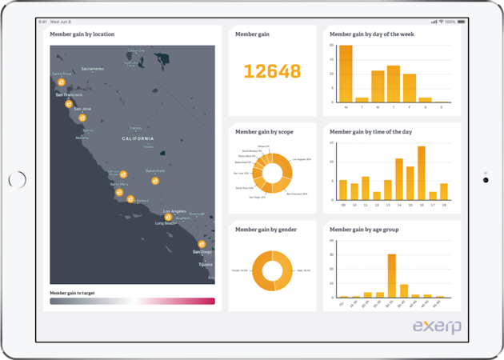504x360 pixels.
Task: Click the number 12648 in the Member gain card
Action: click(x=272, y=71)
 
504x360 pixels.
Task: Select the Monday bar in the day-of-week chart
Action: click(x=346, y=74)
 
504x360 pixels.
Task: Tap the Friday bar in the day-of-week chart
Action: click(x=410, y=88)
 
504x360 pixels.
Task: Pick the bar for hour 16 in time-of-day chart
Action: click(x=421, y=172)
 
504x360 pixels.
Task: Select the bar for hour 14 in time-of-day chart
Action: click(x=399, y=178)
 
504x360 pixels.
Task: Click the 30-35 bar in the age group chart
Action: click(x=392, y=275)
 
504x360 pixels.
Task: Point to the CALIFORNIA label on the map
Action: click(x=138, y=138)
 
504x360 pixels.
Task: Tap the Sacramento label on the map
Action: click(x=93, y=69)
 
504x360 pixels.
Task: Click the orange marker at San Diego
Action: click(x=202, y=244)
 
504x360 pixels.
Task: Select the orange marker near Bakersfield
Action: click(x=155, y=181)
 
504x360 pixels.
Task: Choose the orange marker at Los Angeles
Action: click(x=168, y=217)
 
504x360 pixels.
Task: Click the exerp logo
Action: click(x=437, y=326)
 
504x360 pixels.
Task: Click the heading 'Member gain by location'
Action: click(x=82, y=34)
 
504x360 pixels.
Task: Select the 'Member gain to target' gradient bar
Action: click(x=132, y=302)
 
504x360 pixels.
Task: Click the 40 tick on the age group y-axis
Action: click(x=332, y=241)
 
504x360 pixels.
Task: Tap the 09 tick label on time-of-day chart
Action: click(x=343, y=205)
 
